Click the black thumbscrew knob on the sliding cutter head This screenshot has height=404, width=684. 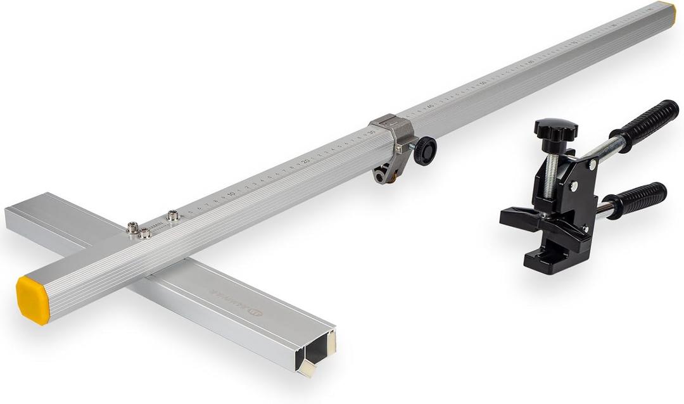coord(425,151)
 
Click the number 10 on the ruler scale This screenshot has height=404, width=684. coord(231,193)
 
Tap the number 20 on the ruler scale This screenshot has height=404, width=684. coord(305,161)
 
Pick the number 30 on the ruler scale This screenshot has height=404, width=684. coord(372,132)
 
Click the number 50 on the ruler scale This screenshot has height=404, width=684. coord(483,83)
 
